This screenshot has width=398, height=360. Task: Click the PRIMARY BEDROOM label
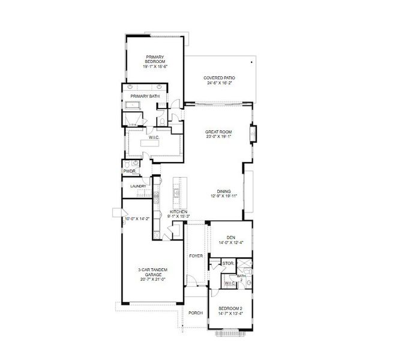[x=154, y=61]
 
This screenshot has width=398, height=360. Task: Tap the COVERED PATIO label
[x=219, y=78]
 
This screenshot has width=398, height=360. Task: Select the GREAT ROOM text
[x=219, y=132]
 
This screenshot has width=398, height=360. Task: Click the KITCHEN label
[x=179, y=212]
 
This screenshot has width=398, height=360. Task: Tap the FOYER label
[x=196, y=256]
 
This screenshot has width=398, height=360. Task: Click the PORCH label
[x=195, y=313]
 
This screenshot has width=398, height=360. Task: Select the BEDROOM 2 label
[x=231, y=307]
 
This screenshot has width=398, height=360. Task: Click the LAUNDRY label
[x=139, y=187]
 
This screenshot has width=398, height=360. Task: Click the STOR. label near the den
[x=228, y=263]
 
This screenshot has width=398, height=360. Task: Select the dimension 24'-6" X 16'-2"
[x=219, y=83]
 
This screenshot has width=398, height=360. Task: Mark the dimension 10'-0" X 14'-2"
[x=137, y=220]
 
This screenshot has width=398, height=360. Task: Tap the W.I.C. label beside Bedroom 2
[x=230, y=283]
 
